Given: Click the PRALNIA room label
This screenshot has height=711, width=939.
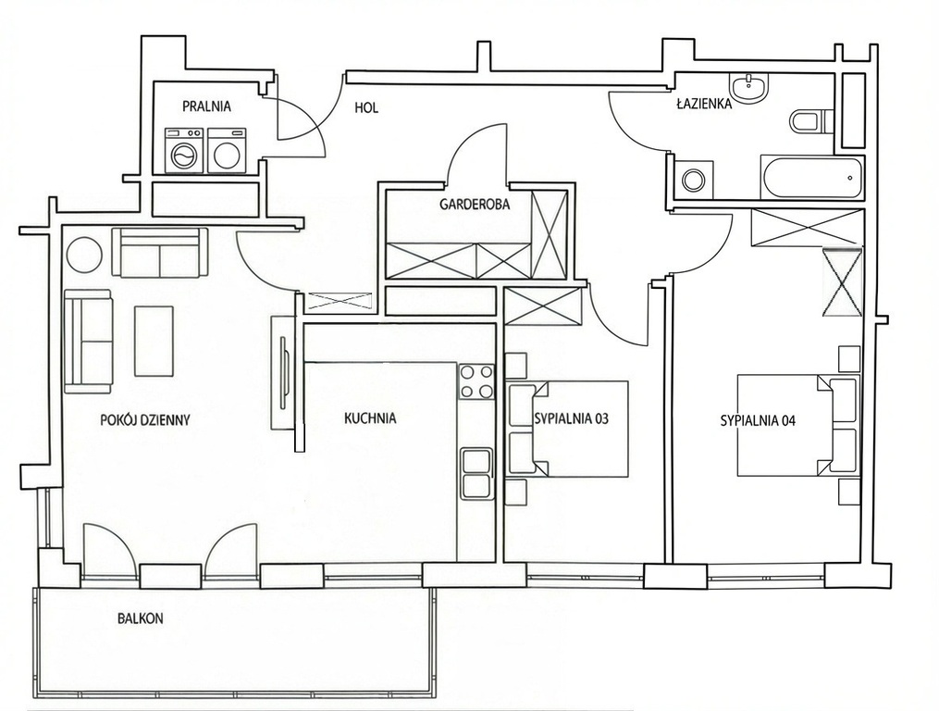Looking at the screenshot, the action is coord(206,106).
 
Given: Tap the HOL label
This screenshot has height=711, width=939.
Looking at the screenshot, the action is coord(366,108).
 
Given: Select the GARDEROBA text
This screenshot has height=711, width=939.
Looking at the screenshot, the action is coord(475,205).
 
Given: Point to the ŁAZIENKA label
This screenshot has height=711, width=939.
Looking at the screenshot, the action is coord(704,103).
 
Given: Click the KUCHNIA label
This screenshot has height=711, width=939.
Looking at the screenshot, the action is coord(370,418).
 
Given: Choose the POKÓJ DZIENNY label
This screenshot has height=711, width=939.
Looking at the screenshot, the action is coord(145,419).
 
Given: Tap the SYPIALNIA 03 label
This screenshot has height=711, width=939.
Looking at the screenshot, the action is coord(571,418).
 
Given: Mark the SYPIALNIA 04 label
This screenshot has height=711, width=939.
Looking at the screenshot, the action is coord(758,421).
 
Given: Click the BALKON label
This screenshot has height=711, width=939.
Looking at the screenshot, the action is coord(140,618).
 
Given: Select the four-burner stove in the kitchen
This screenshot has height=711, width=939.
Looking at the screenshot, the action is coord(476,382).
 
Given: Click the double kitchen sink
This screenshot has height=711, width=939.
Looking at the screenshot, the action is coord(477,473).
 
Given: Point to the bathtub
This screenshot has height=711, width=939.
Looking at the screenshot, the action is coord(812,178).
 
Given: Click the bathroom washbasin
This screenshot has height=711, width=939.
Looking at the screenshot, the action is coord(747,88).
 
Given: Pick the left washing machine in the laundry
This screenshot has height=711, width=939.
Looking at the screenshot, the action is coord(184,151).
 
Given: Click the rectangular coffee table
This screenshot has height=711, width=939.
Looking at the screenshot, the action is coord(154,341).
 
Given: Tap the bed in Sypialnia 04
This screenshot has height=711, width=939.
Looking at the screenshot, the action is coord(798,426).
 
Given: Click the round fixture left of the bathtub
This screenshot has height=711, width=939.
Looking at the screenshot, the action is coord(694,180).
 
